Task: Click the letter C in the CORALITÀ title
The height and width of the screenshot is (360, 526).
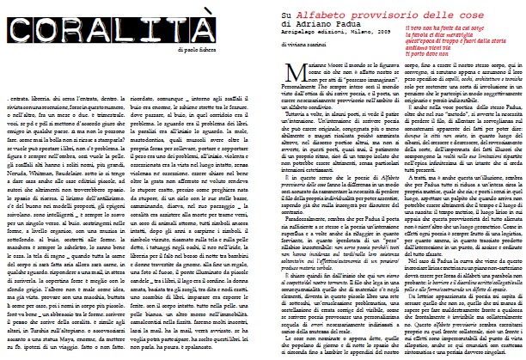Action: pos(19,21)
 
